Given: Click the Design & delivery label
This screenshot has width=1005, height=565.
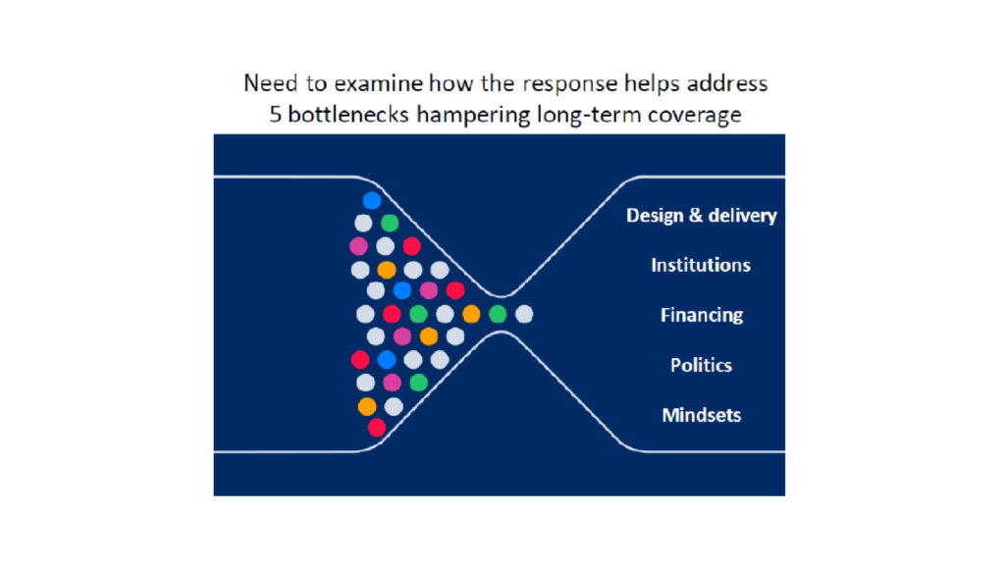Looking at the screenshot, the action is [701, 215].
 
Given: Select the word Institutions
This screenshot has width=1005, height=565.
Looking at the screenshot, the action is [701, 265].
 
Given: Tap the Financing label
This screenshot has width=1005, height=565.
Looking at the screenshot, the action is [702, 315].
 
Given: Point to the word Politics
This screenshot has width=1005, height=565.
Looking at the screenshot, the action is [701, 365].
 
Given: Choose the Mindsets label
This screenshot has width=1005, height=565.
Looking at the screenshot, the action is [701, 415].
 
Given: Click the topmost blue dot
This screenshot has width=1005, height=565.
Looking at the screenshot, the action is [372, 200].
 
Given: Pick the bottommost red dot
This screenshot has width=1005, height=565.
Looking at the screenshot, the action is [377, 428].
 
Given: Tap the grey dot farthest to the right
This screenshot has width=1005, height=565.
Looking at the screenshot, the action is [524, 314].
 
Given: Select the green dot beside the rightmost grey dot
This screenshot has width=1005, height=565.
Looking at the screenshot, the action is [498, 314].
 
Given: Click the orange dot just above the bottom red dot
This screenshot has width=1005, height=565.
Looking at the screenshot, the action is [367, 406].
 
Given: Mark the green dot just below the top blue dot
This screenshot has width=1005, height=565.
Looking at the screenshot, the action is [390, 223].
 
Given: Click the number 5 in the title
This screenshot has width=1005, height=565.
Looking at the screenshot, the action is [276, 115].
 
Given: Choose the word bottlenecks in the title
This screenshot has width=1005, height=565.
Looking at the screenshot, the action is [348, 114].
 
